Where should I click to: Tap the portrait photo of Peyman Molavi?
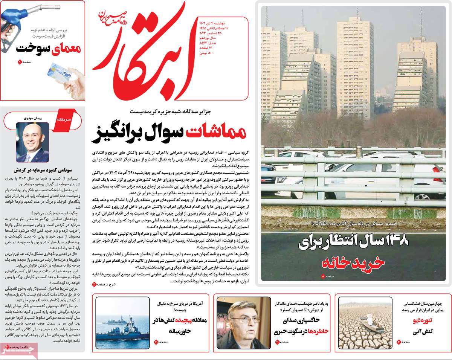tap(32, 142)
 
